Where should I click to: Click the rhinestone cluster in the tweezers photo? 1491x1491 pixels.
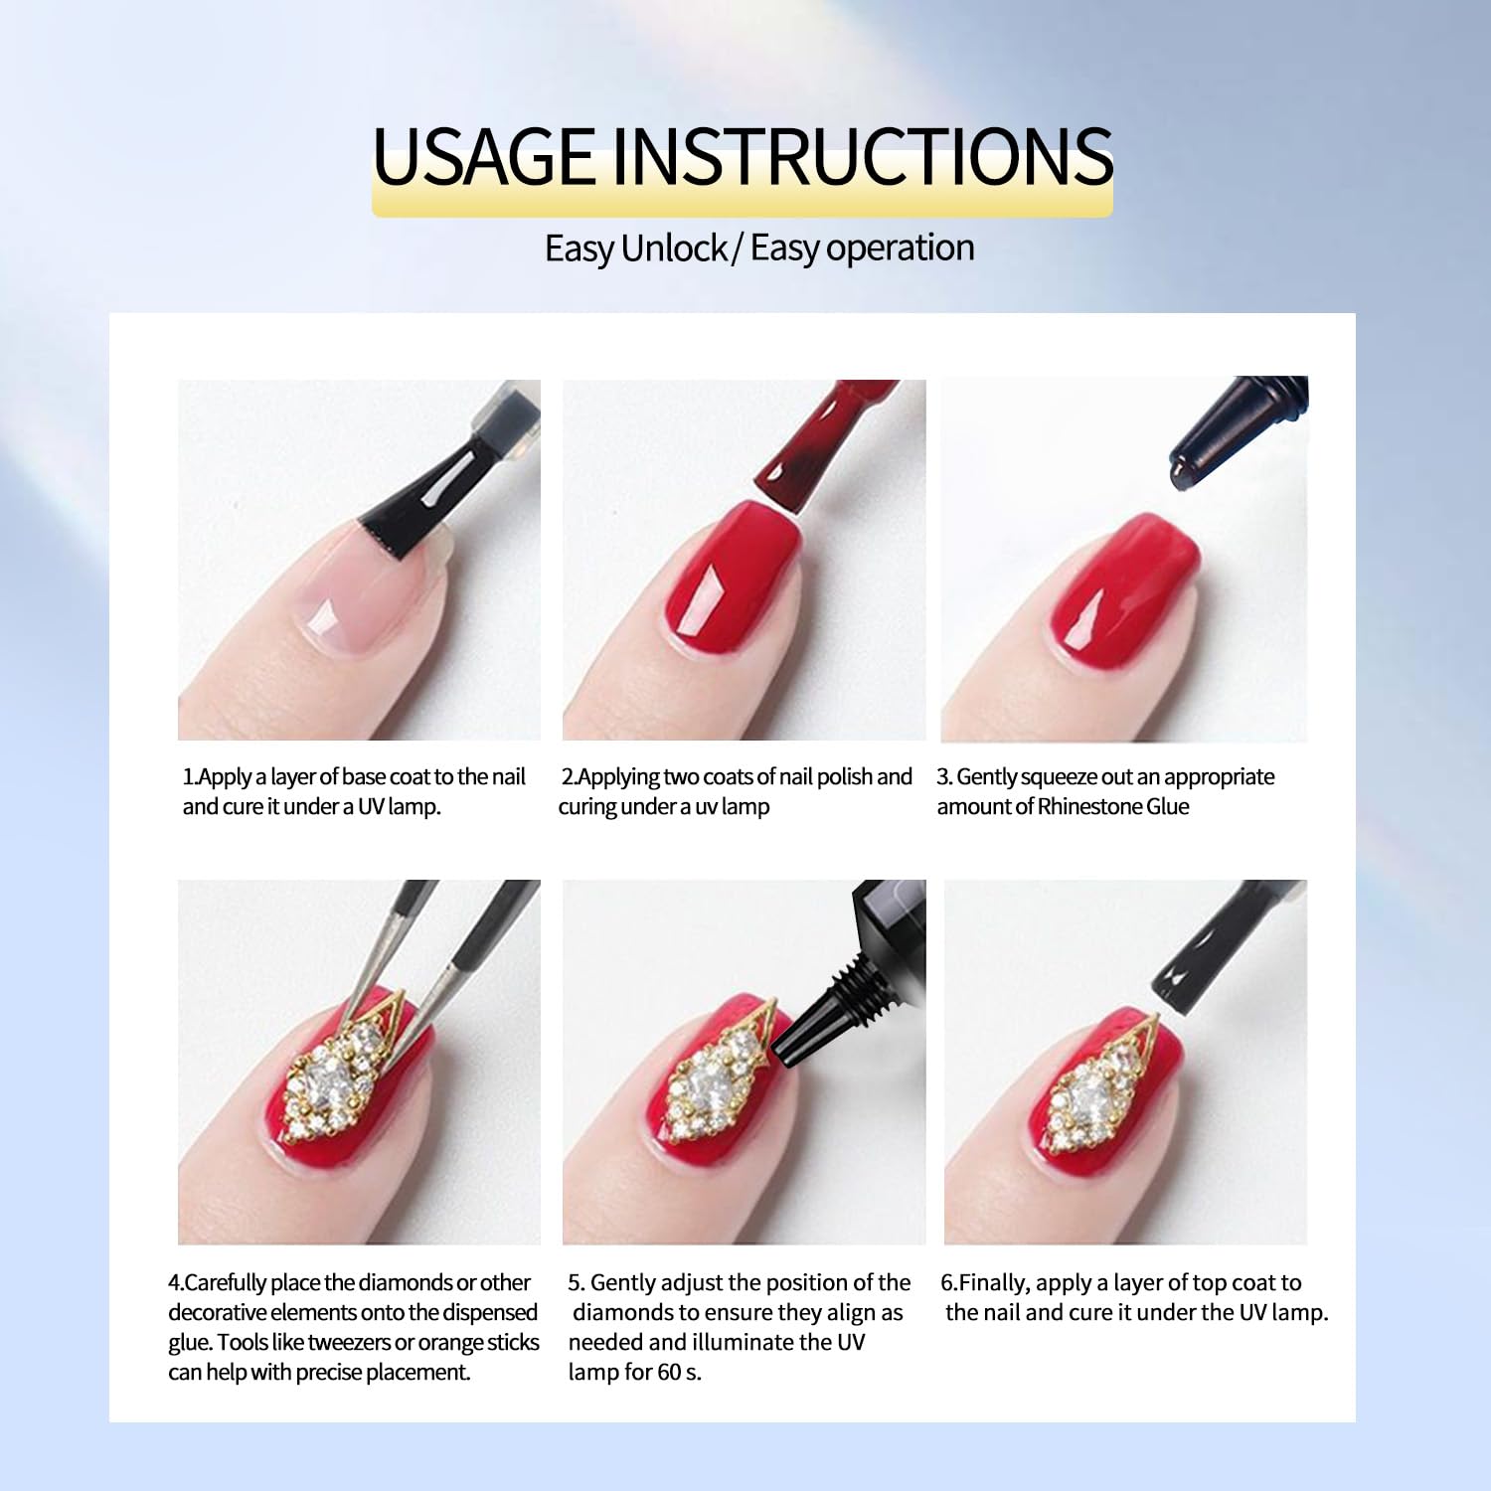333,1075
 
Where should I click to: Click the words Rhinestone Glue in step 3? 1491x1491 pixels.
1113,806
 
